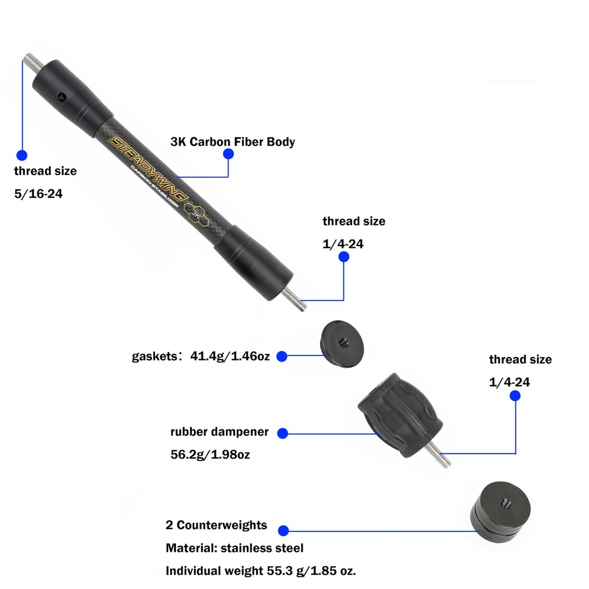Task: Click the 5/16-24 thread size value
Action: pos(38,194)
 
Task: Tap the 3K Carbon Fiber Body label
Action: pos(232,142)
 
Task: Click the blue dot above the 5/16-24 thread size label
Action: pos(22,155)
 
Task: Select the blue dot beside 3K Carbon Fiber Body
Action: pos(228,154)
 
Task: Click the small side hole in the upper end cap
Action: pos(62,95)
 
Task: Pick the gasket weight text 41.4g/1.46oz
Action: pos(230,356)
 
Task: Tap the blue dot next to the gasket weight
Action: pos(282,356)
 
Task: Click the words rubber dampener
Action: pos(219,432)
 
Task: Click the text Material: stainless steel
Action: pos(234,548)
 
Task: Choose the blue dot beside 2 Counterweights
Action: pos(283,530)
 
